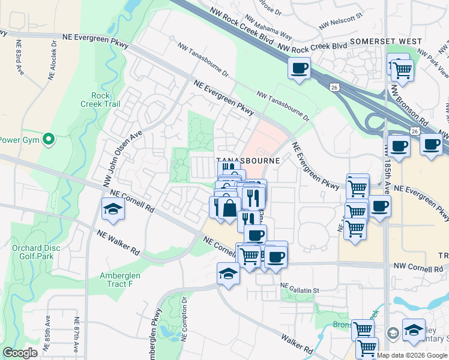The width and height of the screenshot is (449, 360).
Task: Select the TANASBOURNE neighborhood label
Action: click(x=248, y=161)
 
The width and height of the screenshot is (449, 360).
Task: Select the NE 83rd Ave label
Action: click(x=19, y=56)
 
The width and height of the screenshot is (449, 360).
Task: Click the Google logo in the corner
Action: click(x=20, y=353)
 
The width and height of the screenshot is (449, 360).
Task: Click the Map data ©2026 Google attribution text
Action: click(x=412, y=355)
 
